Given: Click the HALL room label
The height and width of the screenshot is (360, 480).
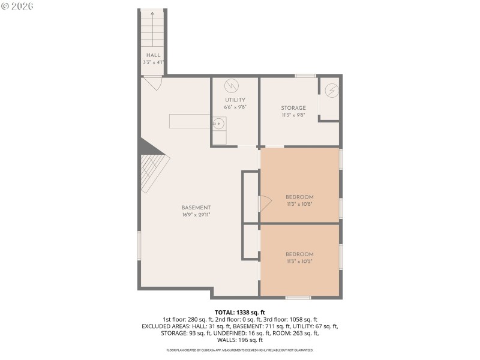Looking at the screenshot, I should [x=152, y=55].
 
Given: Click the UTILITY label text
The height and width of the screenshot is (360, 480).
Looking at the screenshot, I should [x=235, y=100].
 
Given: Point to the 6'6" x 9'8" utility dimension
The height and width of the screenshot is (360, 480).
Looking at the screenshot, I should [x=235, y=107].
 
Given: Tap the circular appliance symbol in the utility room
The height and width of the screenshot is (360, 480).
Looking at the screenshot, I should [x=232, y=86].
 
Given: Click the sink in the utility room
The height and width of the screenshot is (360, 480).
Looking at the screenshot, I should [x=218, y=124].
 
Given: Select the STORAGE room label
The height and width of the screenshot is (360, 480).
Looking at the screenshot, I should [x=293, y=108].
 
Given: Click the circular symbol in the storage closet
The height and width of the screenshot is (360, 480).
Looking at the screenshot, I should [x=331, y=91].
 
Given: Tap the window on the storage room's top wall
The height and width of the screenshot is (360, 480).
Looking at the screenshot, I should [x=305, y=76].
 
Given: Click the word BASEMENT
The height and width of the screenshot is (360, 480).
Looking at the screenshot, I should [x=196, y=208].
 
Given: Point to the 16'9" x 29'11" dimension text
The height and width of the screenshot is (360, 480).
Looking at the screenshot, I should [x=196, y=215].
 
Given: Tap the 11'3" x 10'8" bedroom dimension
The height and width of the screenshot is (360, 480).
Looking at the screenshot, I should [x=299, y=204].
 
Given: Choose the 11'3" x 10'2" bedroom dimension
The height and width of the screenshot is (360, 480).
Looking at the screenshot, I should [x=299, y=261].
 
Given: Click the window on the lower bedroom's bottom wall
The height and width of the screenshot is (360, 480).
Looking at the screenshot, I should [x=298, y=297].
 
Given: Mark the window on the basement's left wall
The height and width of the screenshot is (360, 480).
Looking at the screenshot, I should [x=139, y=246].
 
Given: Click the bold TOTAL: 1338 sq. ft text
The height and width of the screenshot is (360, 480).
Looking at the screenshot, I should [x=239, y=312].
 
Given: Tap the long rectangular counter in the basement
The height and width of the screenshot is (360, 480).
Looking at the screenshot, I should [x=190, y=121].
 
